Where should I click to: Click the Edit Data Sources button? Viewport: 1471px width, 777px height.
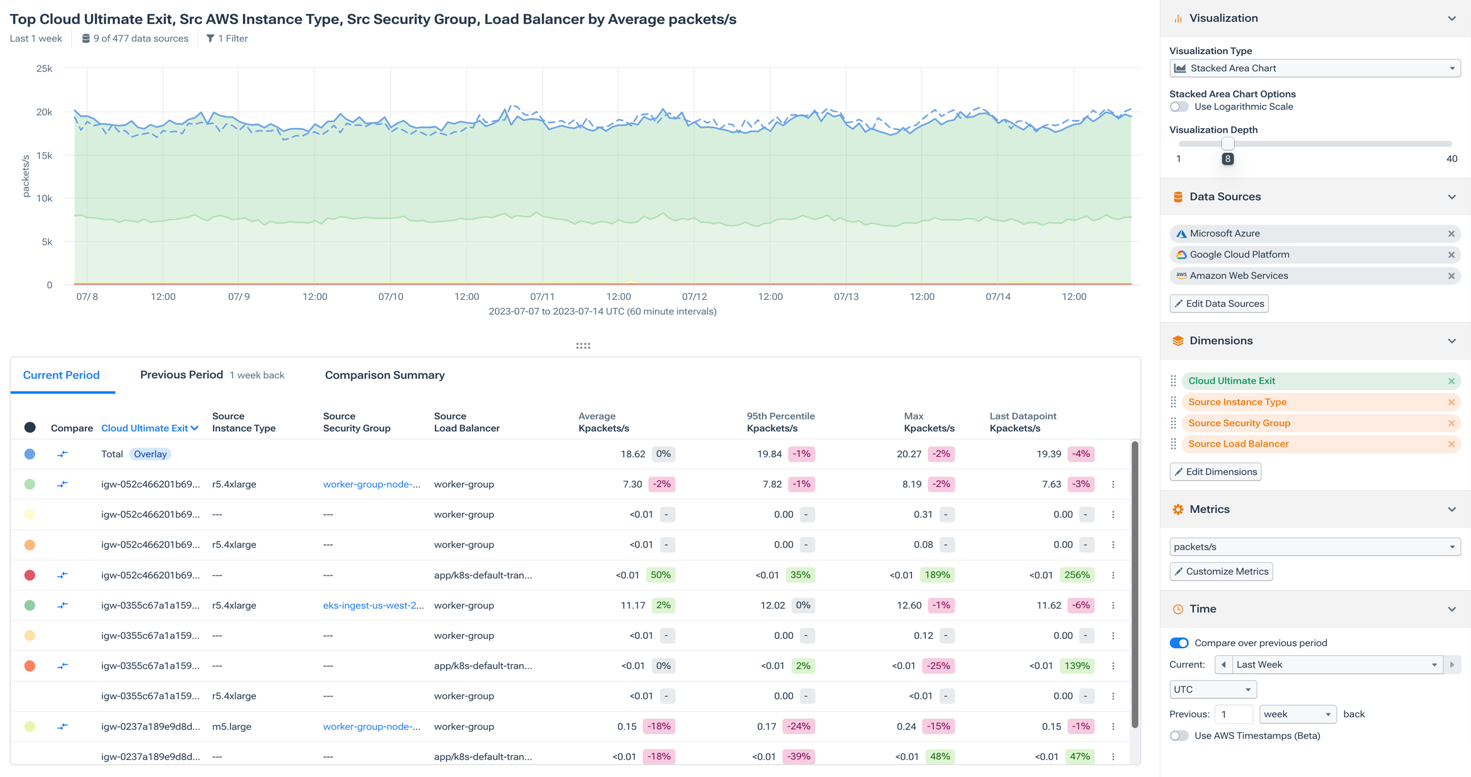click(1219, 304)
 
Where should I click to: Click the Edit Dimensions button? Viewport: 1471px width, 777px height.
click(1215, 472)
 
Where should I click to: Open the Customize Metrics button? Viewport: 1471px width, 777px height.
click(1221, 571)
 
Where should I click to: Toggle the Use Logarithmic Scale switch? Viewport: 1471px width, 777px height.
click(1179, 106)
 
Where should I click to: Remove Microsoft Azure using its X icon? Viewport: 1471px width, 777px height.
click(1451, 234)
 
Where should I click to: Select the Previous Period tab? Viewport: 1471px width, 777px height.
click(181, 375)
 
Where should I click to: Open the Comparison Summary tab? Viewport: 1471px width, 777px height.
click(384, 375)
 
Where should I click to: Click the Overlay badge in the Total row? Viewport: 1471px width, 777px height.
click(149, 454)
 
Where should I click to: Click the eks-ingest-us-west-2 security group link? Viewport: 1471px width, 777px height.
click(373, 605)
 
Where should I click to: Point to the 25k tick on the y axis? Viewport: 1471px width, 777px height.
click(44, 68)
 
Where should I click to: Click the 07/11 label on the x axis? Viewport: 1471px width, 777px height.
click(542, 296)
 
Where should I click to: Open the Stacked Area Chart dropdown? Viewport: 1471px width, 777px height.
click(1314, 68)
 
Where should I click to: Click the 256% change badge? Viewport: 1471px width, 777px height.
click(1077, 575)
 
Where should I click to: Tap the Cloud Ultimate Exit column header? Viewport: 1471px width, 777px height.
click(149, 428)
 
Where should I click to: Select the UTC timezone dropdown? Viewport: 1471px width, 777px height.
click(1212, 689)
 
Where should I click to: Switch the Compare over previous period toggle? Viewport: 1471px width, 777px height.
click(1179, 643)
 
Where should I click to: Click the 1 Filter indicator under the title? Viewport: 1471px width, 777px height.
click(227, 38)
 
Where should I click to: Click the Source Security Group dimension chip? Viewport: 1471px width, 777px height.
click(1239, 423)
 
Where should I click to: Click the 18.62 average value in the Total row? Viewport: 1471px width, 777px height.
click(633, 454)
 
